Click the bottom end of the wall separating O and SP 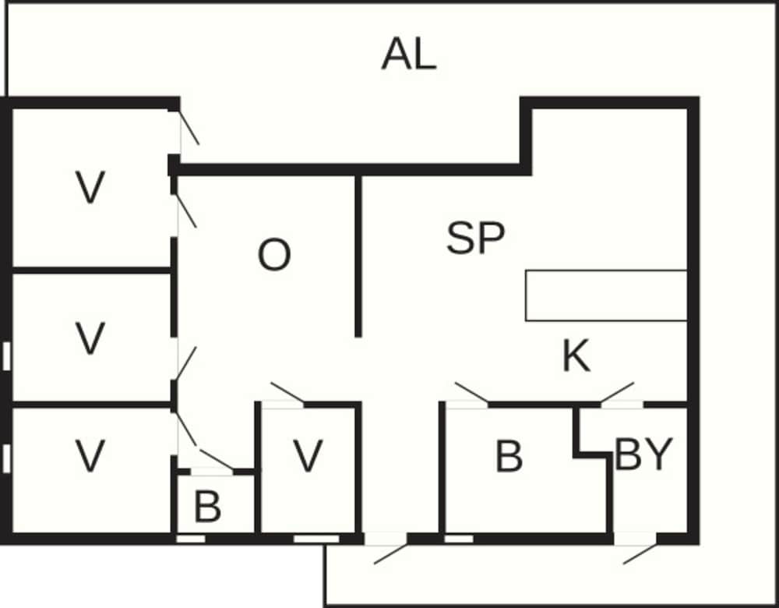pos(358,337)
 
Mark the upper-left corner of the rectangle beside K pos(526,271)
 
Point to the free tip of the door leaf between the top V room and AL pos(199,145)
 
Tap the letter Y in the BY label pos(658,454)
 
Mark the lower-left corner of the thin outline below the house pos(324,606)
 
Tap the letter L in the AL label pos(425,55)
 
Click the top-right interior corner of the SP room pos(687,109)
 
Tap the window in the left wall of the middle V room pos(6,356)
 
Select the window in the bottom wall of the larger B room pos(459,539)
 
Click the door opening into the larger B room pos(467,395)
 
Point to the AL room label pos(410,55)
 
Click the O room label pos(274,255)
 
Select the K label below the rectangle pos(576,355)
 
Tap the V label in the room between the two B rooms pos(308,455)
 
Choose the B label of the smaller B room pos(208,507)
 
